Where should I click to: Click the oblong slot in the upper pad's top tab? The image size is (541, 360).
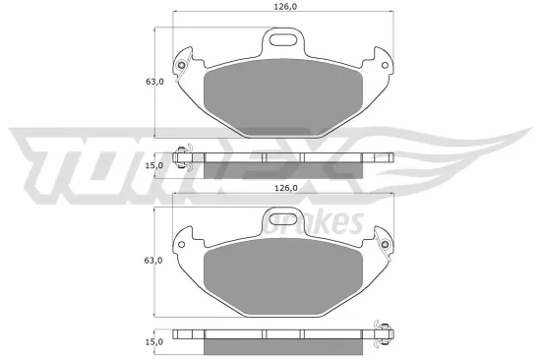283,41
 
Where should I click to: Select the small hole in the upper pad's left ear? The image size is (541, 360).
181,67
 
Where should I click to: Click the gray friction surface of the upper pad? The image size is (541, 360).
283,93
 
